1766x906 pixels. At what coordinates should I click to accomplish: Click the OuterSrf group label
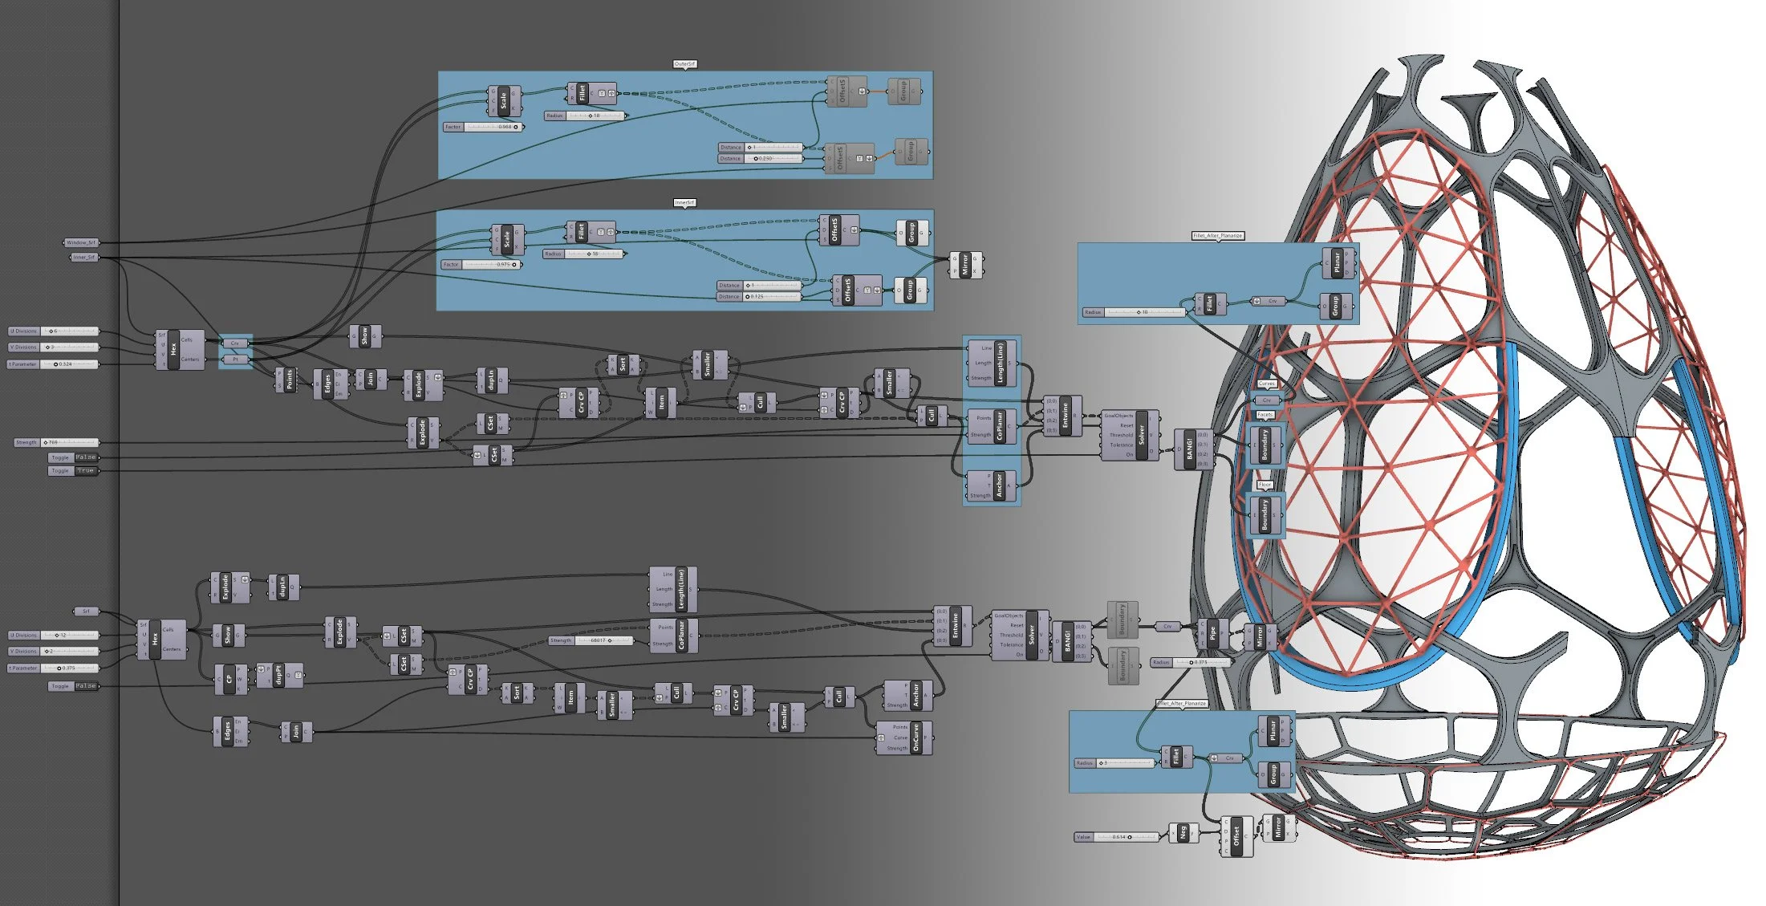coord(684,64)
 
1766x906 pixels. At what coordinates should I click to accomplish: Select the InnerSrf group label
coord(684,203)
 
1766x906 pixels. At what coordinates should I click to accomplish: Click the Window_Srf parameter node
coord(81,242)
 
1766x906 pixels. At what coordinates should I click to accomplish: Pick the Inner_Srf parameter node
coord(83,258)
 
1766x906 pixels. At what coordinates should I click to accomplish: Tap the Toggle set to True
coord(73,471)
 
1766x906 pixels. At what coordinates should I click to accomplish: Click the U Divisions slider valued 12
coord(54,636)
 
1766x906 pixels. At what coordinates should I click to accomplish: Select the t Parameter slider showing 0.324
coord(53,364)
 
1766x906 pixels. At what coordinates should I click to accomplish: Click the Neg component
coord(1181,834)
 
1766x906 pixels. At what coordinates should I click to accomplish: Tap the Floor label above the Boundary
coord(1265,485)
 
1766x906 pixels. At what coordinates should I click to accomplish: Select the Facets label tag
coord(1265,415)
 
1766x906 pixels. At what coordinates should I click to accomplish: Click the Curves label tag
coord(1266,384)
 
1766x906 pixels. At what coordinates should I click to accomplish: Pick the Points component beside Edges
coord(286,379)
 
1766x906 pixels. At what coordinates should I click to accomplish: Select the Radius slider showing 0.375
coord(1191,663)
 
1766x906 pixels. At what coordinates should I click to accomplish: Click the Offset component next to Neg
coord(1236,836)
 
